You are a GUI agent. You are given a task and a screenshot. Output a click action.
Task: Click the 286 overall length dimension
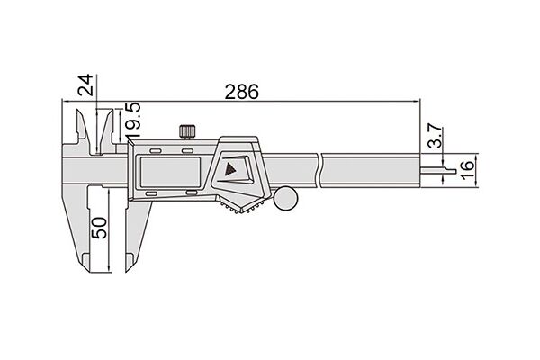click(241, 92)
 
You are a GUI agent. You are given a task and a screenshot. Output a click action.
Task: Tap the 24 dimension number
click(85, 85)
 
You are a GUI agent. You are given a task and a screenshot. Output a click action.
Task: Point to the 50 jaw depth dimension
click(99, 228)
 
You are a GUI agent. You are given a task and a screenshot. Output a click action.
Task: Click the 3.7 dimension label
click(436, 136)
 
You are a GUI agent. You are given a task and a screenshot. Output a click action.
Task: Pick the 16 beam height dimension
click(467, 170)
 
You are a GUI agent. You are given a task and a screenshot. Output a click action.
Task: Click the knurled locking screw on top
click(188, 131)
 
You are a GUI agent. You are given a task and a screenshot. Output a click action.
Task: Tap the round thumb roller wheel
click(285, 198)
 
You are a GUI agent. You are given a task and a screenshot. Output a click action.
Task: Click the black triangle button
click(229, 169)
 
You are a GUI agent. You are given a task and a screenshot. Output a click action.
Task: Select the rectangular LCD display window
click(169, 172)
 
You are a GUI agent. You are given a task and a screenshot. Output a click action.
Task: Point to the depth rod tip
click(454, 171)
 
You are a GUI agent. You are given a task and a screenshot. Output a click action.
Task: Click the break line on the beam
click(319, 171)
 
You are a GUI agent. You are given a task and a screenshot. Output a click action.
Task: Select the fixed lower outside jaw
click(76, 228)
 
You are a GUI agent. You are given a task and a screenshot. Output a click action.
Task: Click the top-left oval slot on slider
click(155, 151)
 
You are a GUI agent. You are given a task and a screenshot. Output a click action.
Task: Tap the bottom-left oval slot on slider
click(151, 194)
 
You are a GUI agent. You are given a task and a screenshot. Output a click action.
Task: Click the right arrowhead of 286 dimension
click(417, 102)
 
